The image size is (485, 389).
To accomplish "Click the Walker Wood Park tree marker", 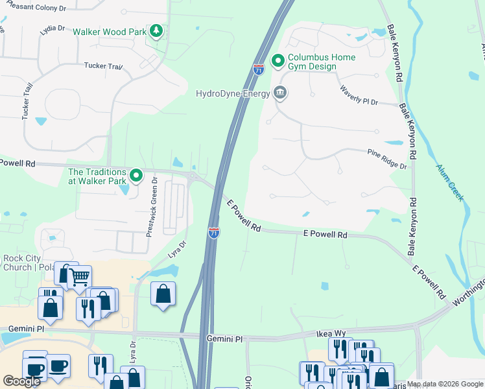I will tap(156, 31).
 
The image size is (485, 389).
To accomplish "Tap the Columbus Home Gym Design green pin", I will tap(278, 62).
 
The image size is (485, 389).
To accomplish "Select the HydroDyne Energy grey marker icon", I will tap(280, 93).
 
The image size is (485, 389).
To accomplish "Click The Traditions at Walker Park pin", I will tap(136, 175).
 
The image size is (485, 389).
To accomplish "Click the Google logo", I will tap(21, 381).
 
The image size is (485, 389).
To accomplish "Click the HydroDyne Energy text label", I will tap(233, 93).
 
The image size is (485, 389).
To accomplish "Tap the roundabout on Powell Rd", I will tap(194, 175).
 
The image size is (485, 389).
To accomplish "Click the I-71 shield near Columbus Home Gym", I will tap(259, 69).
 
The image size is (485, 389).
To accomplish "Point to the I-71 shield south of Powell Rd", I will tap(213, 232).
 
